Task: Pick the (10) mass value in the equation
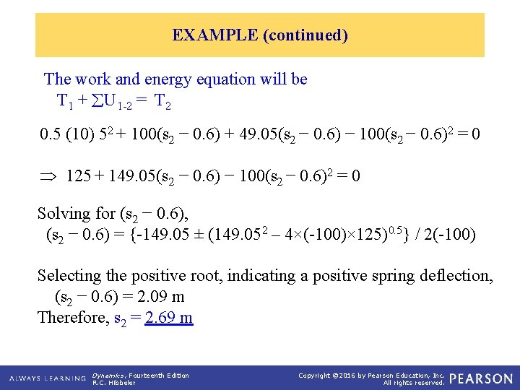coord(77,135)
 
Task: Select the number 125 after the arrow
coord(78,175)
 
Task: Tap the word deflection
coord(457,275)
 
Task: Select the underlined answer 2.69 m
coord(168,317)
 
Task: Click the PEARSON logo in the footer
coord(480,378)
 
